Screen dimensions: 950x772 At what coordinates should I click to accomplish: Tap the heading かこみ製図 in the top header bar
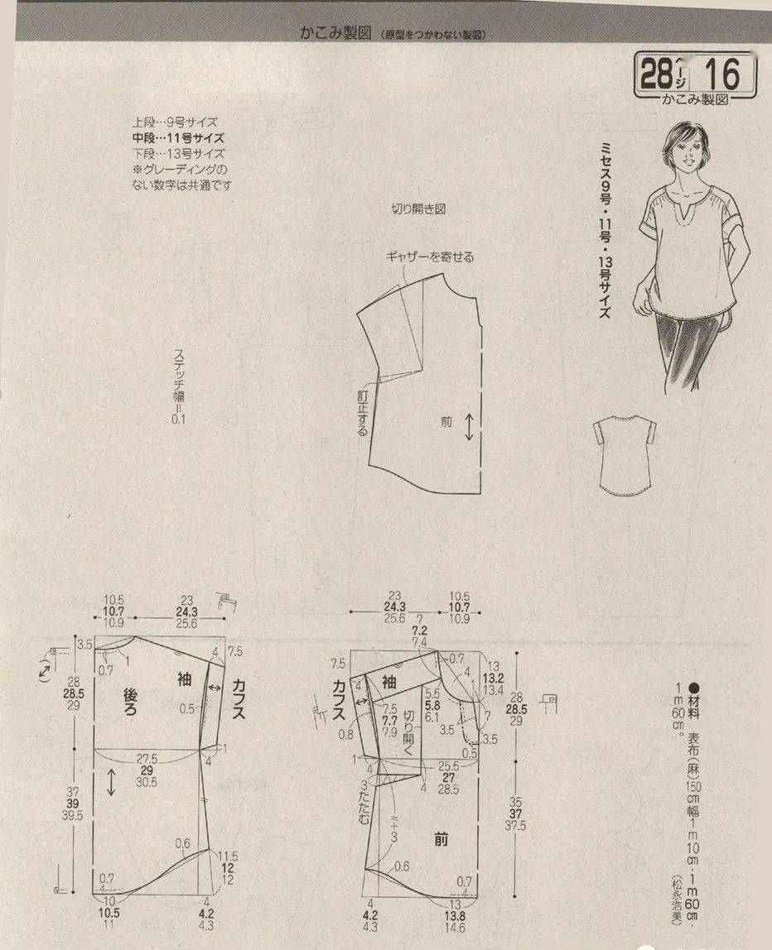click(x=336, y=34)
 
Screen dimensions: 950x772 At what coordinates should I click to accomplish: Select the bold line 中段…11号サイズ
click(x=178, y=138)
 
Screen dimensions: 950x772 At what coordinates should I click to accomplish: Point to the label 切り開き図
click(x=418, y=209)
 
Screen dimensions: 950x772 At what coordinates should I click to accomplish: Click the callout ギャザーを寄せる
click(x=429, y=257)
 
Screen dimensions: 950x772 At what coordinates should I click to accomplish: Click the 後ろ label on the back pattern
click(x=135, y=703)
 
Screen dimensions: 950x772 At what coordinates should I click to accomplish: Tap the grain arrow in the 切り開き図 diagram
click(x=470, y=426)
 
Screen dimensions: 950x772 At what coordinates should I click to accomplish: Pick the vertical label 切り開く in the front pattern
click(x=408, y=728)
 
